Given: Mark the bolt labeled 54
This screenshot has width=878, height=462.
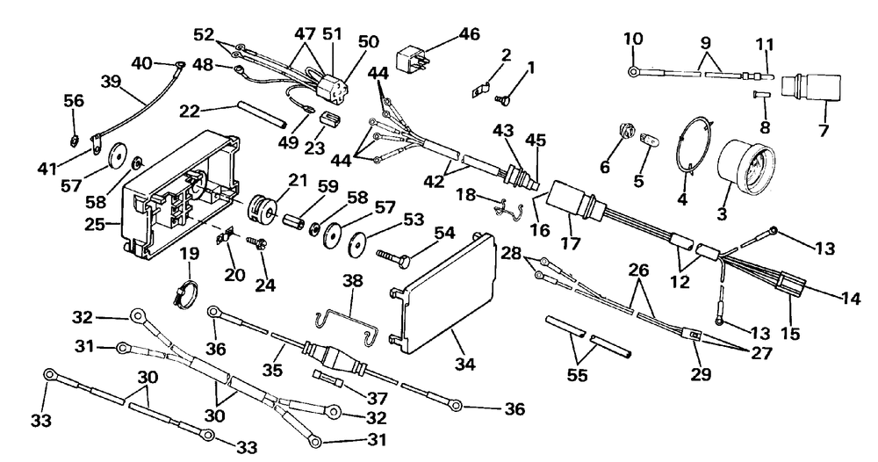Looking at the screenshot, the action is click(395, 258).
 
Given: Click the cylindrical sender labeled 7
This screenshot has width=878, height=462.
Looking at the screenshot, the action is click(810, 90).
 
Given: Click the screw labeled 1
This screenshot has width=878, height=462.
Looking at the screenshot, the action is click(503, 98).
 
